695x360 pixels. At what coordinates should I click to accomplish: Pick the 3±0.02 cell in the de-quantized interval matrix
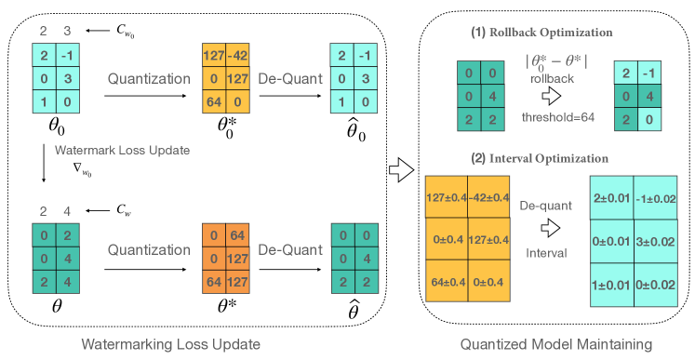click(x=655, y=241)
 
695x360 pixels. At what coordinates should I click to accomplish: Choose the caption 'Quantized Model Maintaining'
click(x=555, y=345)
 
